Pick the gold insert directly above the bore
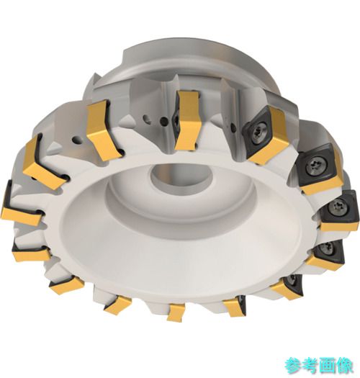[186, 120]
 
